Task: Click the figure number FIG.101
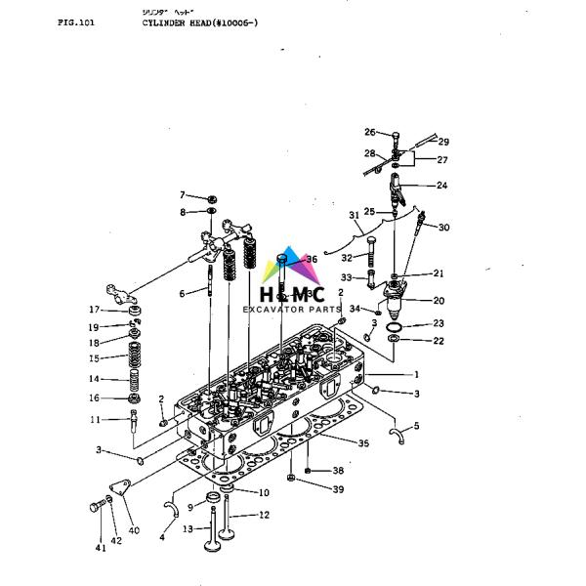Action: click(76, 21)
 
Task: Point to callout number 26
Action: click(370, 132)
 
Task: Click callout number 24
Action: click(441, 185)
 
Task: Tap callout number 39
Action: click(338, 488)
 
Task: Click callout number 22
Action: click(439, 340)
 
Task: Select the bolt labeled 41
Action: click(96, 505)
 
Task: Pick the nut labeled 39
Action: click(292, 479)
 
